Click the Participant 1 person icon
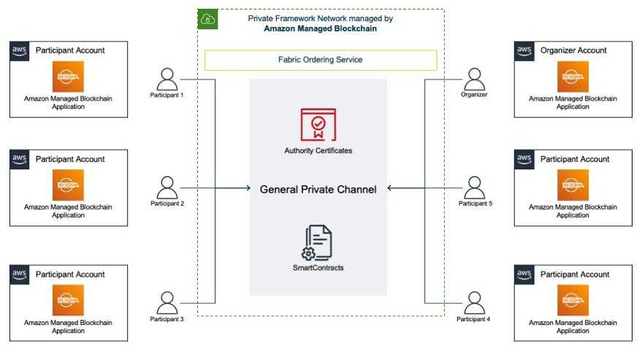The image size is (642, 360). [167, 79]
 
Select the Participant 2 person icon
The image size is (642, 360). [167, 188]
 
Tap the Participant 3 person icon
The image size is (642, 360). [167, 302]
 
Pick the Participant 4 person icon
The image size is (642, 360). [475, 302]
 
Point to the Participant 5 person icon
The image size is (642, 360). [475, 188]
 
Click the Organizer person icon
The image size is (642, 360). [475, 79]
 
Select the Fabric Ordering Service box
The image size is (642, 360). [321, 60]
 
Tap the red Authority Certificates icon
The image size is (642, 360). [318, 124]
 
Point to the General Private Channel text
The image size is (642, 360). [318, 189]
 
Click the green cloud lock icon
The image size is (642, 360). [207, 20]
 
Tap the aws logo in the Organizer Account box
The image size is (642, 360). [524, 50]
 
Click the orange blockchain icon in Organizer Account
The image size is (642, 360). [573, 77]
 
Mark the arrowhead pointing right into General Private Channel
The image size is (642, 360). [248, 188]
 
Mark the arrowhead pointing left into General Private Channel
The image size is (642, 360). [390, 188]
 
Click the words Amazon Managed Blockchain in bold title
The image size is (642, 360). [320, 28]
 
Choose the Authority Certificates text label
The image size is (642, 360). [318, 150]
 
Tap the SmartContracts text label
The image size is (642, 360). [318, 268]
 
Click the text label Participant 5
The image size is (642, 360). [475, 204]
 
